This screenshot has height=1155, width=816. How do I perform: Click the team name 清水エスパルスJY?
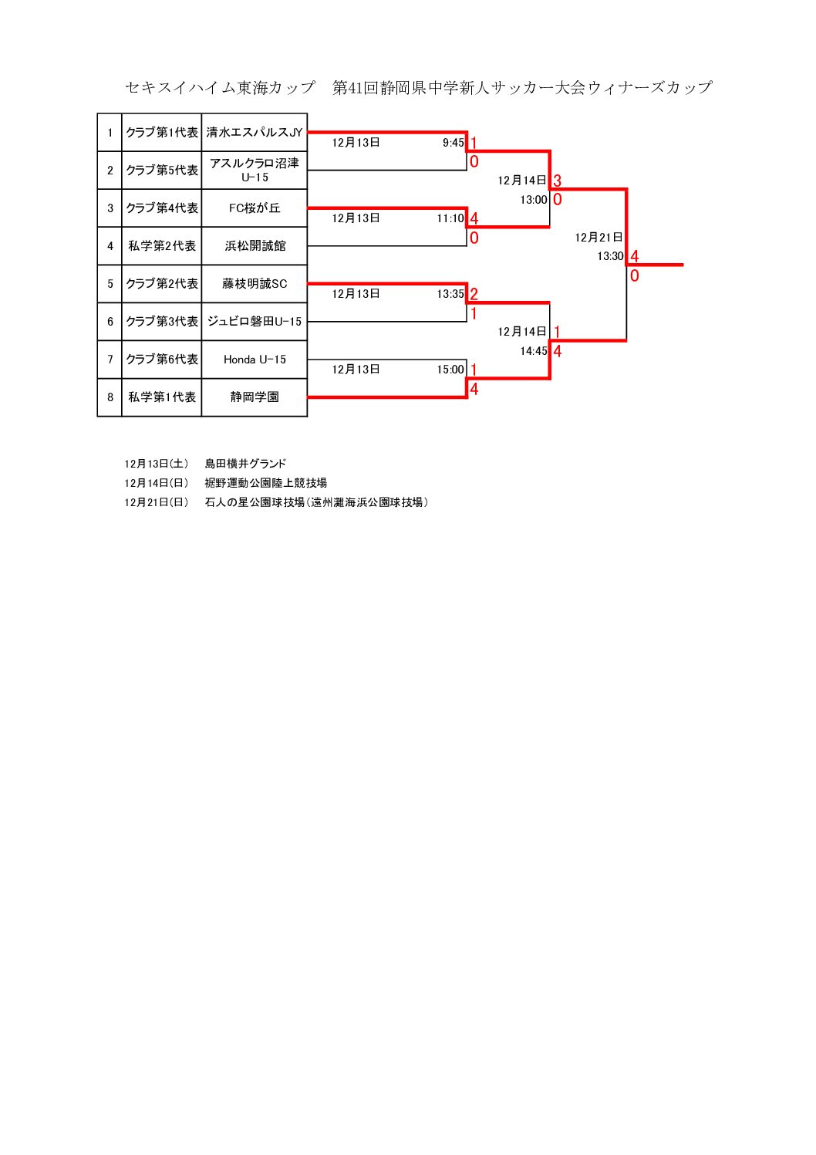255,133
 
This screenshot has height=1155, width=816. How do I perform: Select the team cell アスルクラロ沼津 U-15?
255,170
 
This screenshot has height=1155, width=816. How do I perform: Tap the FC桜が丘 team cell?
255,208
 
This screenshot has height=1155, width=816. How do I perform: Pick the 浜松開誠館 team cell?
255,246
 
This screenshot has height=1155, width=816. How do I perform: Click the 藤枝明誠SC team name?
255,284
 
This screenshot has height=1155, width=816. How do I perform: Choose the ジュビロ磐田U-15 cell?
255,322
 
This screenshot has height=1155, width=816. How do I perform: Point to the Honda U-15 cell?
255,360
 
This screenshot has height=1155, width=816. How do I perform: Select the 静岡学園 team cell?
255,397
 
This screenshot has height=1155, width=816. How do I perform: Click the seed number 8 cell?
110,397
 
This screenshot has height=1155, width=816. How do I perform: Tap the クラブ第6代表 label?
162,360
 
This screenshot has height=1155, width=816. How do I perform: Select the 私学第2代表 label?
162,246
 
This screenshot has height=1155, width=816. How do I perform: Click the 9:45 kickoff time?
454,143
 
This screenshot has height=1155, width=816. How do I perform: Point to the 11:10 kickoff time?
450,218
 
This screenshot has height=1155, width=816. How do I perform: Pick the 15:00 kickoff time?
450,370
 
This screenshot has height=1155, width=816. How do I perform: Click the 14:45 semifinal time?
534,351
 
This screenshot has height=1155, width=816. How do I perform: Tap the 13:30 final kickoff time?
610,256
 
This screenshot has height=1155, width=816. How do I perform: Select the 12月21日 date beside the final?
599,238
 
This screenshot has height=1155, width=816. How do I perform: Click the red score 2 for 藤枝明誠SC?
474,293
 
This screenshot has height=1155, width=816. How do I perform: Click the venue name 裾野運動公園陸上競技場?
266,483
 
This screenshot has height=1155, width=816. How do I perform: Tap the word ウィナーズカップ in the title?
649,87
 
